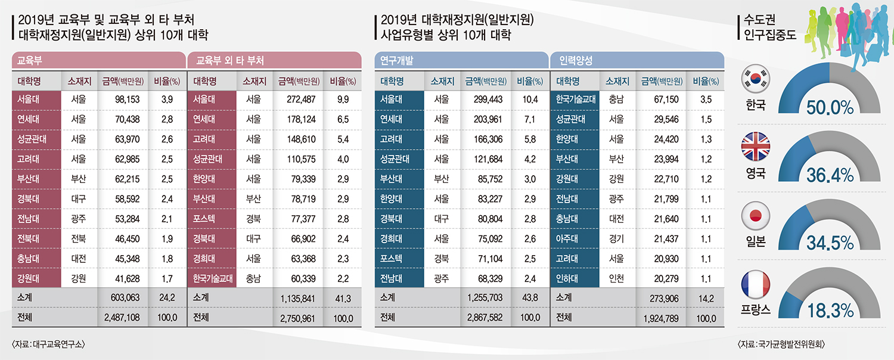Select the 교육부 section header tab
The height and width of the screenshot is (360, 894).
[x=98, y=61]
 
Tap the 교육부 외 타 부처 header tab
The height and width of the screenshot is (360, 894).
[x=274, y=61]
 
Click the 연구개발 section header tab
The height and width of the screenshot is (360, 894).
[x=461, y=61]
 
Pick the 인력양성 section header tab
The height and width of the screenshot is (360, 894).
[x=638, y=61]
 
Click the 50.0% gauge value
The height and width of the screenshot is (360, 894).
[x=830, y=107]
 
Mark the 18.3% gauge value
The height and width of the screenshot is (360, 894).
[x=830, y=311]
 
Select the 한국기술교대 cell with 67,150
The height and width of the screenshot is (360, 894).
[x=576, y=100]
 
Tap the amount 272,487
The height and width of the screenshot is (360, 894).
[x=301, y=100]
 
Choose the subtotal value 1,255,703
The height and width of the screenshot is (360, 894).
[x=482, y=297]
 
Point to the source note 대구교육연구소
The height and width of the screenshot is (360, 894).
[x=48, y=344]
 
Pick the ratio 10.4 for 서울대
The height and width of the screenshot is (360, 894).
[x=529, y=100]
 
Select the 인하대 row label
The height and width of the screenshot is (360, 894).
[x=567, y=278]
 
